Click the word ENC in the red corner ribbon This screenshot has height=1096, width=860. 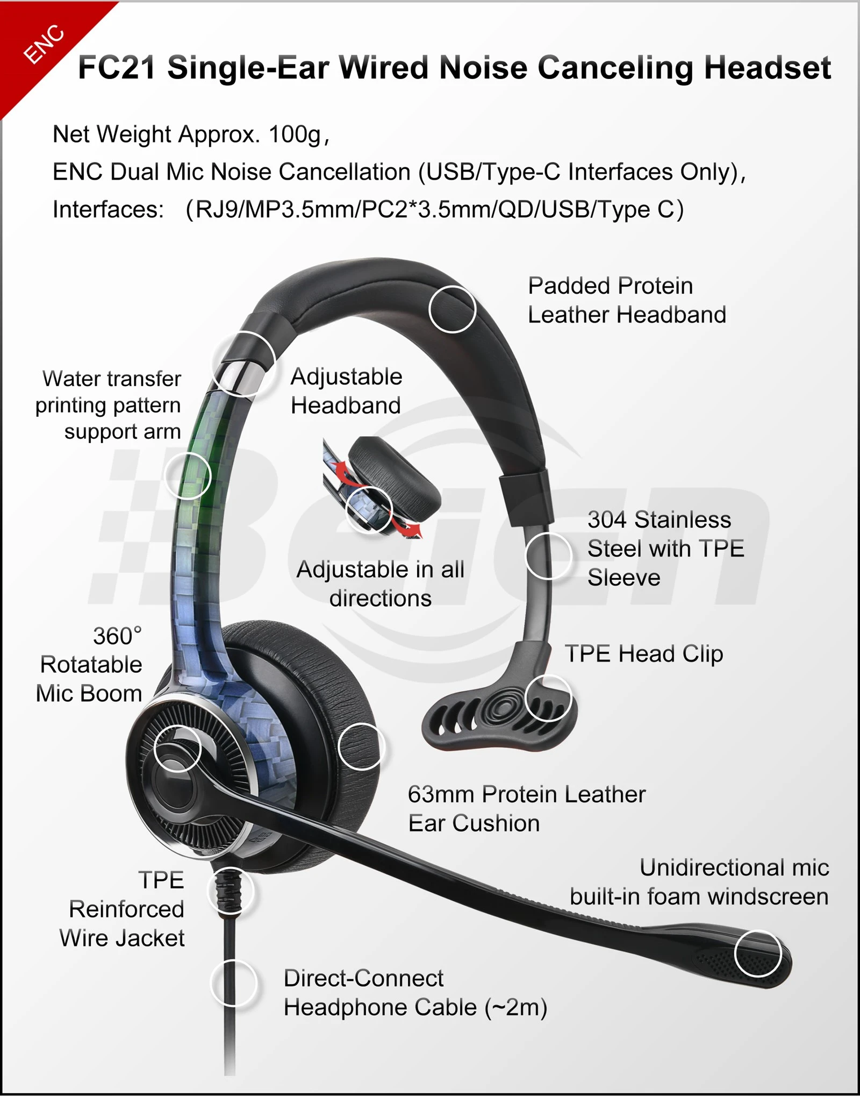(44, 45)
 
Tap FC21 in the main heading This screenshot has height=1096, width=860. (117, 68)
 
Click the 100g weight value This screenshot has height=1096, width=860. (295, 134)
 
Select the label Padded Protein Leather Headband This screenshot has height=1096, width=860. (627, 300)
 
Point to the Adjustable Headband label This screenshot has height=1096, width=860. (346, 391)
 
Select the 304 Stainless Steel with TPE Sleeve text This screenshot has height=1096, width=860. (665, 549)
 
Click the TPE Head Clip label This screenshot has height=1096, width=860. (644, 654)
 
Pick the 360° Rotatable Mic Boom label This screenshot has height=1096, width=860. (89, 665)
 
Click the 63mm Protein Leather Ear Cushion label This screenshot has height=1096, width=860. (527, 809)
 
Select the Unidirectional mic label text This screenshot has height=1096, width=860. (699, 882)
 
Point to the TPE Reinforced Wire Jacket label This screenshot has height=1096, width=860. (122, 909)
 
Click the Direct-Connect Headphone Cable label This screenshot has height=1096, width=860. (415, 993)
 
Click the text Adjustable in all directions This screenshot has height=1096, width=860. (381, 584)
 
